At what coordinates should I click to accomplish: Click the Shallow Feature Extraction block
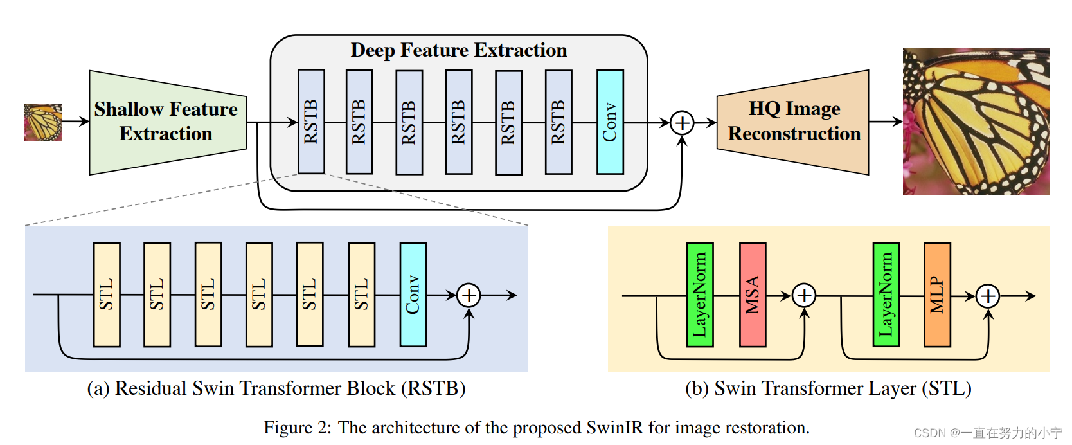pyautogui.click(x=168, y=123)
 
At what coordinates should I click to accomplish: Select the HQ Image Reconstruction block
pyautogui.click(x=793, y=122)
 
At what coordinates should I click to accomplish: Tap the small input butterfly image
pyautogui.click(x=43, y=122)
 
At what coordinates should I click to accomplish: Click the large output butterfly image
pyautogui.click(x=976, y=121)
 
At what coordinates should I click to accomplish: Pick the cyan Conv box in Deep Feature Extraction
pyautogui.click(x=610, y=122)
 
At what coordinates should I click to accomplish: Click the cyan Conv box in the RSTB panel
pyautogui.click(x=413, y=295)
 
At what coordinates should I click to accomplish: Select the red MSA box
pyautogui.click(x=753, y=295)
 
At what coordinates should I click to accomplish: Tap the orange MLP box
pyautogui.click(x=938, y=295)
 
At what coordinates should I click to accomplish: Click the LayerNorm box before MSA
pyautogui.click(x=700, y=295)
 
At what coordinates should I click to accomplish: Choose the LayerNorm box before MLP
pyautogui.click(x=886, y=295)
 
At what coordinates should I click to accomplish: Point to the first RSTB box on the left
pyautogui.click(x=311, y=122)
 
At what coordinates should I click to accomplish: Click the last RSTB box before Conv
pyautogui.click(x=558, y=122)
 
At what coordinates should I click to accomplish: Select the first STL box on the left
pyautogui.click(x=107, y=295)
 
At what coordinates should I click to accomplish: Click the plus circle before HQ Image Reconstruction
pyautogui.click(x=682, y=123)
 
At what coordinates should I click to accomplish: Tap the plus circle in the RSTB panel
pyautogui.click(x=469, y=295)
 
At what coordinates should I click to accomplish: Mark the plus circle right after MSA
pyautogui.click(x=804, y=296)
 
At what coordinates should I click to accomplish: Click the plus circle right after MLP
pyautogui.click(x=988, y=296)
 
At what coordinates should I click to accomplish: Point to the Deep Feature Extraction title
pyautogui.click(x=458, y=50)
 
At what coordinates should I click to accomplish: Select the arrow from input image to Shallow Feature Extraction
pyautogui.click(x=76, y=121)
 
